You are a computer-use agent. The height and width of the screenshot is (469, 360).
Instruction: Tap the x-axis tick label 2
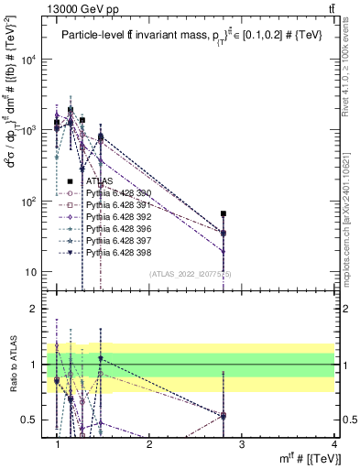(x=149, y=444)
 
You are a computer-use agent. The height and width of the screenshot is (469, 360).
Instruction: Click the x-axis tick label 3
(x=241, y=444)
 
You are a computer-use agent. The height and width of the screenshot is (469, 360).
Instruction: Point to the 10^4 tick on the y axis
(x=29, y=60)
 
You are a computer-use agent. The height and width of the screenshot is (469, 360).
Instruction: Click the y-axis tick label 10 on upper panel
(x=32, y=273)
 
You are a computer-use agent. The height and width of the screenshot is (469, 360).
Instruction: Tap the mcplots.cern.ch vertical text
(x=351, y=211)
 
